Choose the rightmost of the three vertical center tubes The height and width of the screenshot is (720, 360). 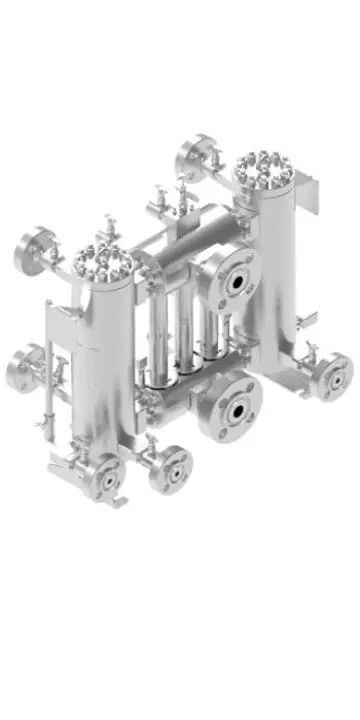click(210, 325)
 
